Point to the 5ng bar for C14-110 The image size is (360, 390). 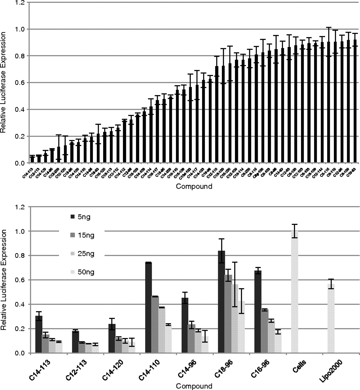[x=149, y=308]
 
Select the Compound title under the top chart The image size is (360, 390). [x=194, y=186]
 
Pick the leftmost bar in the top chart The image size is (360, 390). [x=32, y=159]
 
